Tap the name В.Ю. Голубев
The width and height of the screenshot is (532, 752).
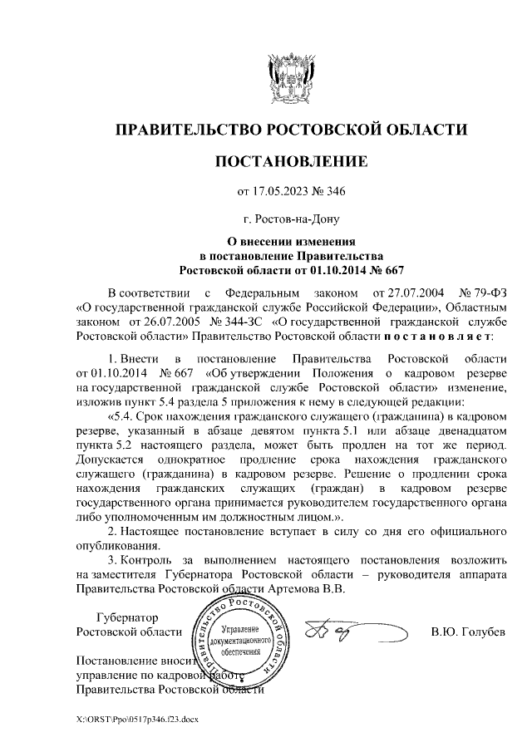pyautogui.click(x=468, y=632)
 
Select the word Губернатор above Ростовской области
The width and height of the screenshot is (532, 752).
pyautogui.click(x=127, y=617)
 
